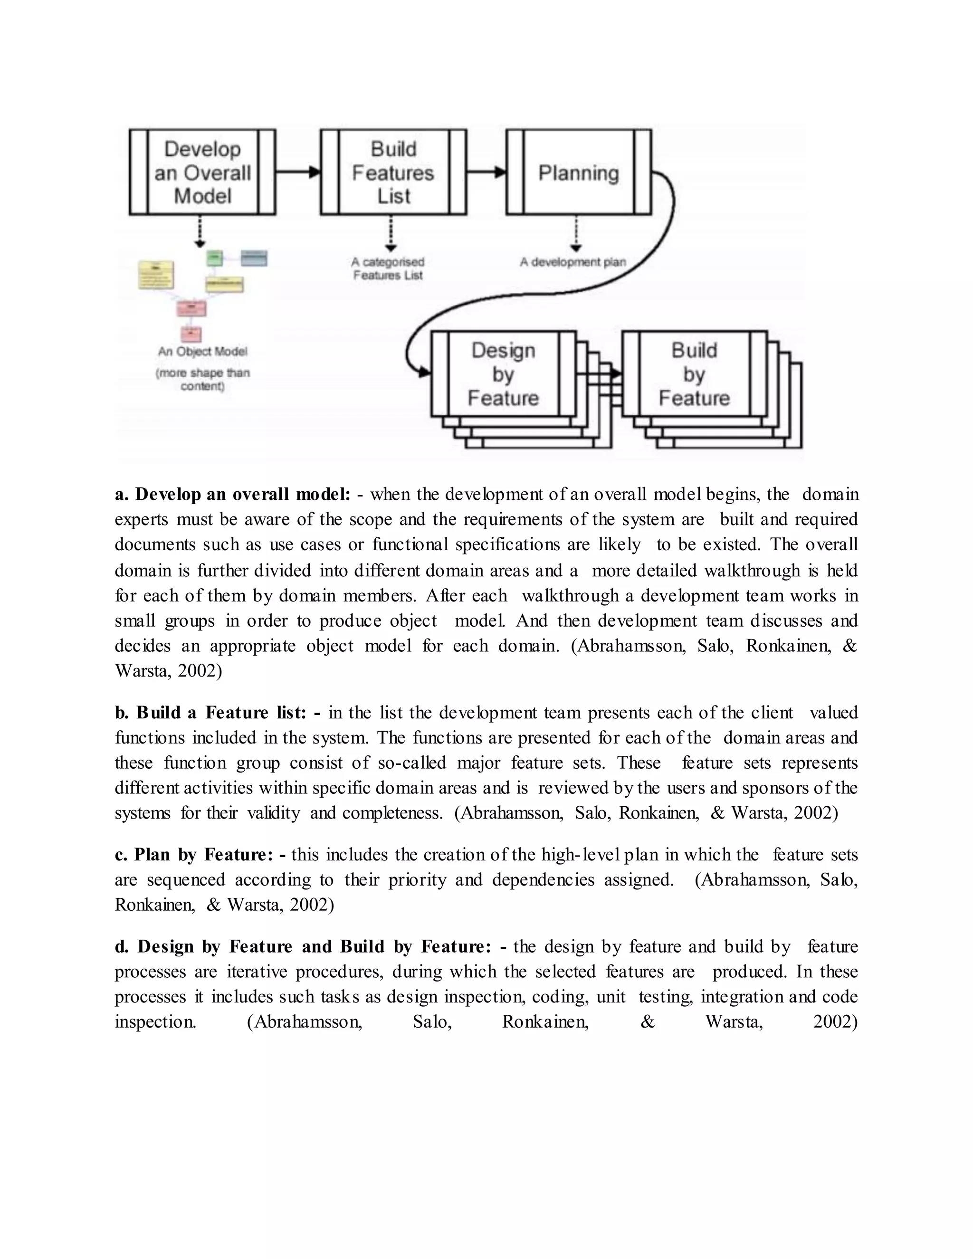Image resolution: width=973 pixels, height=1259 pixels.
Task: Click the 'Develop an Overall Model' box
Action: [x=202, y=172]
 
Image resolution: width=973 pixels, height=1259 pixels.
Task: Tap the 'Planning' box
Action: [x=578, y=172]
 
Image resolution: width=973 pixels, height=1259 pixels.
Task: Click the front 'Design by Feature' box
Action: [x=503, y=373]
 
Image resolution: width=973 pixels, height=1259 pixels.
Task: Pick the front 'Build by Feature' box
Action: [x=694, y=373]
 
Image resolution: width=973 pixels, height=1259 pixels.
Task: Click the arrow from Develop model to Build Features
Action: [x=297, y=172]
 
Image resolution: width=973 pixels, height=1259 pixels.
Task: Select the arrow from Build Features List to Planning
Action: [x=486, y=172]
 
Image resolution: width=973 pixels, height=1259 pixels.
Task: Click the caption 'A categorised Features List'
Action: [x=388, y=268]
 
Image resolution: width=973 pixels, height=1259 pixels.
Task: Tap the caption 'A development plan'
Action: [x=572, y=262]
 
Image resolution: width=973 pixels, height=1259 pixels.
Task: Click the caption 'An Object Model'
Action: [x=202, y=351]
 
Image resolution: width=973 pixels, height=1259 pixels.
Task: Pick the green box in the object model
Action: [x=214, y=258]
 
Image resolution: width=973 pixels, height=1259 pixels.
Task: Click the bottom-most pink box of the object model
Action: [x=191, y=334]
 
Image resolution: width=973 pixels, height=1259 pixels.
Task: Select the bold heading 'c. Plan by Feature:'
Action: [x=200, y=855]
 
